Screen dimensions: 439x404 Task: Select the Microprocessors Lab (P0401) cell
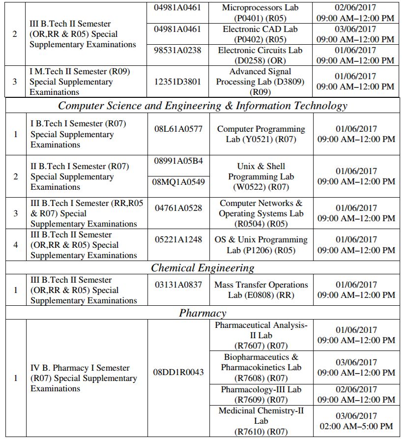[260, 13]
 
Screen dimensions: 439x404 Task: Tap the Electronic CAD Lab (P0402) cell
[260, 34]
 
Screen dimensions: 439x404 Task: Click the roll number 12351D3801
[177, 82]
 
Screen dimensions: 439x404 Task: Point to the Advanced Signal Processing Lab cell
[260, 82]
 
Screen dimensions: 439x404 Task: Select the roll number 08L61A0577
[178, 129]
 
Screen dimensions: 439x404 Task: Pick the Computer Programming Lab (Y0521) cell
[261, 134]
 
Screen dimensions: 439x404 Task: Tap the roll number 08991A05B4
[178, 161]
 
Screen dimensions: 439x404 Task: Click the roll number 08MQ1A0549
[178, 181]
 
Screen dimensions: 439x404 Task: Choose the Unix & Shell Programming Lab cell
[261, 176]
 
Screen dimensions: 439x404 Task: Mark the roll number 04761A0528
[178, 208]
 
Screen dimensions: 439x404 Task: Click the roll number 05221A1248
[178, 239]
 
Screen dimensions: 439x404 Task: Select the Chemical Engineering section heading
[202, 268]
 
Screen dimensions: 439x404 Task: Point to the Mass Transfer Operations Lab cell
[261, 290]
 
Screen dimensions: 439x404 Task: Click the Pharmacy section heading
[202, 313]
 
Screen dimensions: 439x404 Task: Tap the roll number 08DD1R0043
[178, 372]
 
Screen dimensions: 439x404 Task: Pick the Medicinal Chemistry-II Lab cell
[261, 421]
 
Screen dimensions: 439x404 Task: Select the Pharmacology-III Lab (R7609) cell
[261, 395]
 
